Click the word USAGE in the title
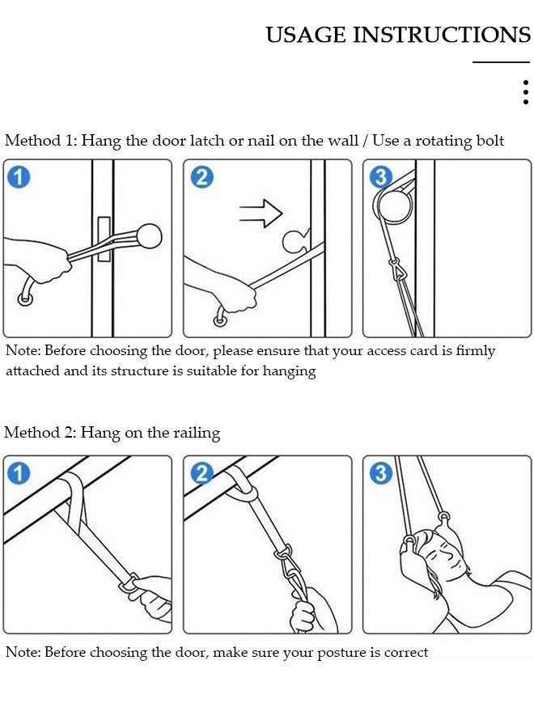pos(306,36)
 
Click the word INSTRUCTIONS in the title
pos(442,36)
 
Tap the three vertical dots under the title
pos(526,92)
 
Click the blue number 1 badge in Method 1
pos(19,177)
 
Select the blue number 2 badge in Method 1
pos(202,177)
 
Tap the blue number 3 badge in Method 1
pos(381,177)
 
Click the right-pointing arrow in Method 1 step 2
pos(261,213)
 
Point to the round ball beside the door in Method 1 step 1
pos(148,236)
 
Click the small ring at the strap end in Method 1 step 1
pos(25,298)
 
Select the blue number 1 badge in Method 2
pos(19,473)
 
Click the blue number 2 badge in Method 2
pos(202,473)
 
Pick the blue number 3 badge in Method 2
pos(381,473)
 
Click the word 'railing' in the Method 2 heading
pos(197,434)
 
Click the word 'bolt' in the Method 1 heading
pos(489,140)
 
